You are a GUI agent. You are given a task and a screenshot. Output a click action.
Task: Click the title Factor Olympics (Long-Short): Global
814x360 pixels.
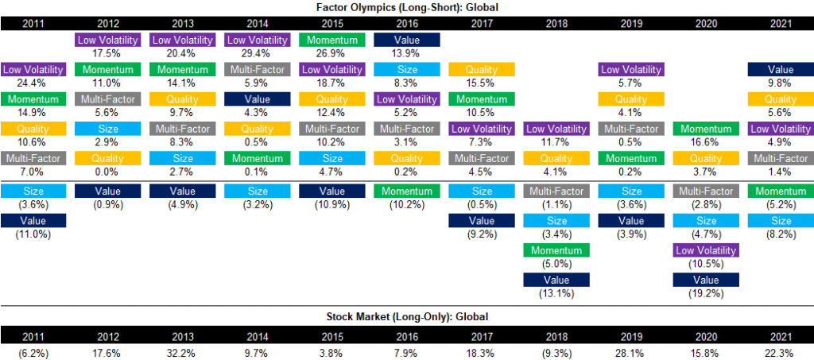[x=406, y=6]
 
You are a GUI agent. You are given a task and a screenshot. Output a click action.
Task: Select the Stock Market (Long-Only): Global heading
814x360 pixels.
[x=406, y=315]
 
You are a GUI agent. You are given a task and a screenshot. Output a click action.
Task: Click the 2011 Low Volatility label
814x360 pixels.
[x=33, y=70]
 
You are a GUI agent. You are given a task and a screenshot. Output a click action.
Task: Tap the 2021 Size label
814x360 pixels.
[x=780, y=220]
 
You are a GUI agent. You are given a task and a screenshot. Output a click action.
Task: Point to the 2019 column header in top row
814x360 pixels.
[x=630, y=22]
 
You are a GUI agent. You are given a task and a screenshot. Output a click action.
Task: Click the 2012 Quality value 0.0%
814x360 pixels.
[x=107, y=173]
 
